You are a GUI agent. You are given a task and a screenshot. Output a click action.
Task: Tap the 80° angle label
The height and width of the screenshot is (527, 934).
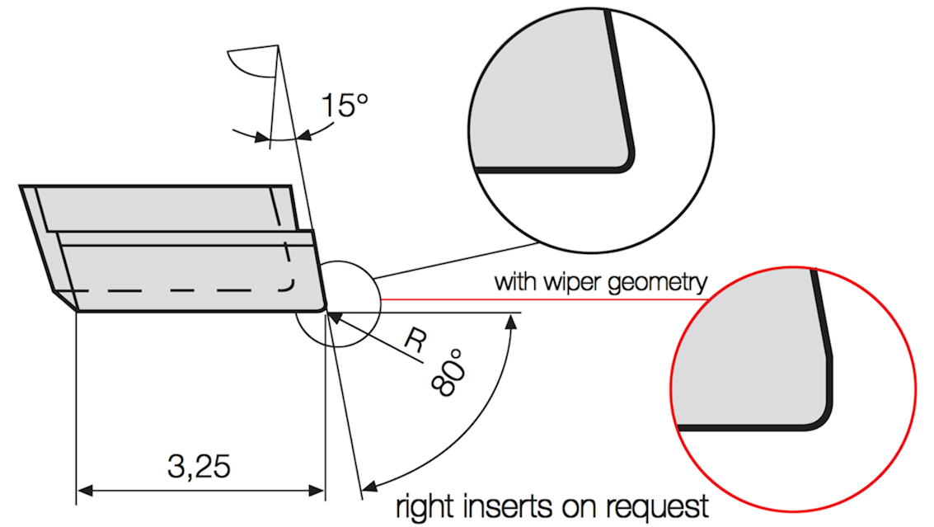click(448, 374)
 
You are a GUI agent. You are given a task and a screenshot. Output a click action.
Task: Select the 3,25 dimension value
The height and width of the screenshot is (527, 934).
click(199, 466)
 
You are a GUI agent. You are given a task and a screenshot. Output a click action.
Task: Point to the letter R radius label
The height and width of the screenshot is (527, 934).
click(415, 341)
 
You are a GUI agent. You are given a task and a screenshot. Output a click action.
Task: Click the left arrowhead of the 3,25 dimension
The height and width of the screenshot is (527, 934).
click(85, 491)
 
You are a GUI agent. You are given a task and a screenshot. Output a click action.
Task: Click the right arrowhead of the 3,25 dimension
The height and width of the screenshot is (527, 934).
click(317, 491)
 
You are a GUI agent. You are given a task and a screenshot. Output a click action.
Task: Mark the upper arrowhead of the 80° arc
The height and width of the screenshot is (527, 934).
click(511, 322)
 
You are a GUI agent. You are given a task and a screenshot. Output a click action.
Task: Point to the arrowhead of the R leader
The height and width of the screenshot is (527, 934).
click(335, 318)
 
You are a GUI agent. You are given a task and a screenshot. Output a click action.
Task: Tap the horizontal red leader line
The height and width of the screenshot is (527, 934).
click(544, 299)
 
